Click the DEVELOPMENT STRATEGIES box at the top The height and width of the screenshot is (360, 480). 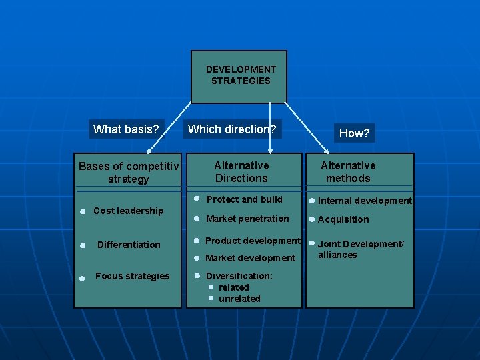click(239, 75)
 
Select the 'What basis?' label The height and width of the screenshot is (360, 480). click(126, 129)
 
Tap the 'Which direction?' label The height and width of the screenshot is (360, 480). click(232, 129)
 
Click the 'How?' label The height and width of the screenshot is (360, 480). click(354, 133)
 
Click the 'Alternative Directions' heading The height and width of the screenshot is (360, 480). click(241, 171)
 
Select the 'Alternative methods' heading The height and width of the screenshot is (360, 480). click(348, 171)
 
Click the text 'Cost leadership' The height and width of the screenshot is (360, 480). click(128, 211)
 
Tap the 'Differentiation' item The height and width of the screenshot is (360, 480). click(129, 245)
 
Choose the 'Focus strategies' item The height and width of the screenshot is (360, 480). click(132, 276)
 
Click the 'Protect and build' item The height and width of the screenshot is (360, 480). click(244, 199)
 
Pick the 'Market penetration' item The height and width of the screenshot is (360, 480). click(247, 219)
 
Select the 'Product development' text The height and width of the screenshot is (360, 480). click(253, 241)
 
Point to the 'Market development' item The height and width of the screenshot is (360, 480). click(250, 258)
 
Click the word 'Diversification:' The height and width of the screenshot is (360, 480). click(239, 276)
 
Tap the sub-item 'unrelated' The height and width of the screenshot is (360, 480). click(239, 299)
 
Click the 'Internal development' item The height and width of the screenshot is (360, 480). click(365, 201)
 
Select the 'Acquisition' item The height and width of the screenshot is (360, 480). click(343, 219)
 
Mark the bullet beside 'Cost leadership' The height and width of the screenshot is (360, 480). click(81, 211)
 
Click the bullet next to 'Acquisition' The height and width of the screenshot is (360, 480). click(311, 219)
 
